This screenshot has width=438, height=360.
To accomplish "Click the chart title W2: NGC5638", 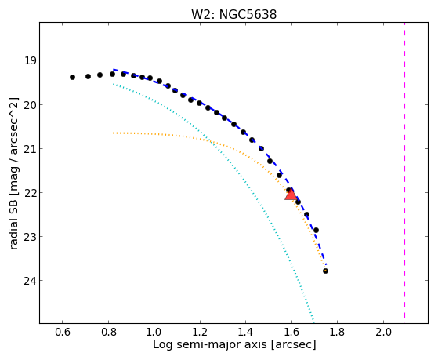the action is [233, 14].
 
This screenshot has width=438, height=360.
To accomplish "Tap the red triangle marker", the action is [291, 195].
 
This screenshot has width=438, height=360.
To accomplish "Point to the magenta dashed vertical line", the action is [404, 173].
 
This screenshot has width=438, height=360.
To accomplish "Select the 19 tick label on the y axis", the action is [30, 60].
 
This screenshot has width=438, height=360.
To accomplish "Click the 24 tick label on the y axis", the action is [30, 281].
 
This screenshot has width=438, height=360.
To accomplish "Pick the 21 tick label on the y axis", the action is [30, 149].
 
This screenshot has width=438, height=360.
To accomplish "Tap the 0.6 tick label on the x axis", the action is [63, 333].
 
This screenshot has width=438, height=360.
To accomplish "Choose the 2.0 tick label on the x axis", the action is [383, 333].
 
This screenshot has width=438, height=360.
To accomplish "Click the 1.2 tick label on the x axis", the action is [200, 333].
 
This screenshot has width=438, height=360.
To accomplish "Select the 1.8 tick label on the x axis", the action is [338, 333].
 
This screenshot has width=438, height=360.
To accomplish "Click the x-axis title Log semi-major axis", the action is [210, 344].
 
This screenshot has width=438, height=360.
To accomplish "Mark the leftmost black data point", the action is [72, 77].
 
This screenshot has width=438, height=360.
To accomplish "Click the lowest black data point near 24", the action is [325, 271].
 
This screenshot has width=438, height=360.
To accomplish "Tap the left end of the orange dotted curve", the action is [114, 133].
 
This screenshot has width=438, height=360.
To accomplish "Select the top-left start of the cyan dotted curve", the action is [114, 84].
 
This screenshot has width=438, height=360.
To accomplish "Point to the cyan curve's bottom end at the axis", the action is [313, 322].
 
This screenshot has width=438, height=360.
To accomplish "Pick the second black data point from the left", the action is [88, 76].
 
